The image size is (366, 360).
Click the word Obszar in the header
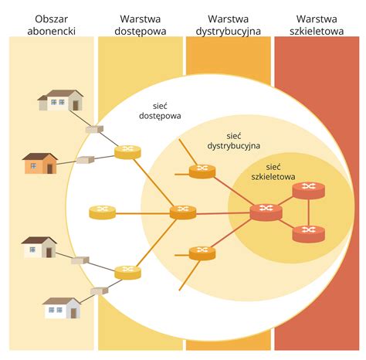pos(52,19)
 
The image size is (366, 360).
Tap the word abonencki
pos(52,31)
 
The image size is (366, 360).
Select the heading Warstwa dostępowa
pos(141,25)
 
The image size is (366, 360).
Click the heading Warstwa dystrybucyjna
pos(229,25)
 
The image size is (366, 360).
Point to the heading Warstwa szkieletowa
pos(317,25)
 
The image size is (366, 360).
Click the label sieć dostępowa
pos(160,111)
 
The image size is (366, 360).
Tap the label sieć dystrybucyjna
pos(233,141)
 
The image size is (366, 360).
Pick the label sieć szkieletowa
pos(273,172)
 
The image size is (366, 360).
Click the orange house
pos(40,163)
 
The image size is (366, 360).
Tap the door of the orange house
pos(50,168)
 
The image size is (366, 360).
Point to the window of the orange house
pos(33,166)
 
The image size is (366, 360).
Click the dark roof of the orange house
pos(40,157)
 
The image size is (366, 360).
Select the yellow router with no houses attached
pos(103,212)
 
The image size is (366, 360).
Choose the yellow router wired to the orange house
pos(127,152)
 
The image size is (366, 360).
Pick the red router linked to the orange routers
pos(266,212)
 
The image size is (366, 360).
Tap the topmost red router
pos(309,190)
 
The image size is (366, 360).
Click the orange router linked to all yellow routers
pos(183,212)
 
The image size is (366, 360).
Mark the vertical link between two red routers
pos(309,212)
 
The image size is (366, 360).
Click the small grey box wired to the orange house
pos(85,160)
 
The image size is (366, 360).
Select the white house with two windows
pos(62,308)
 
